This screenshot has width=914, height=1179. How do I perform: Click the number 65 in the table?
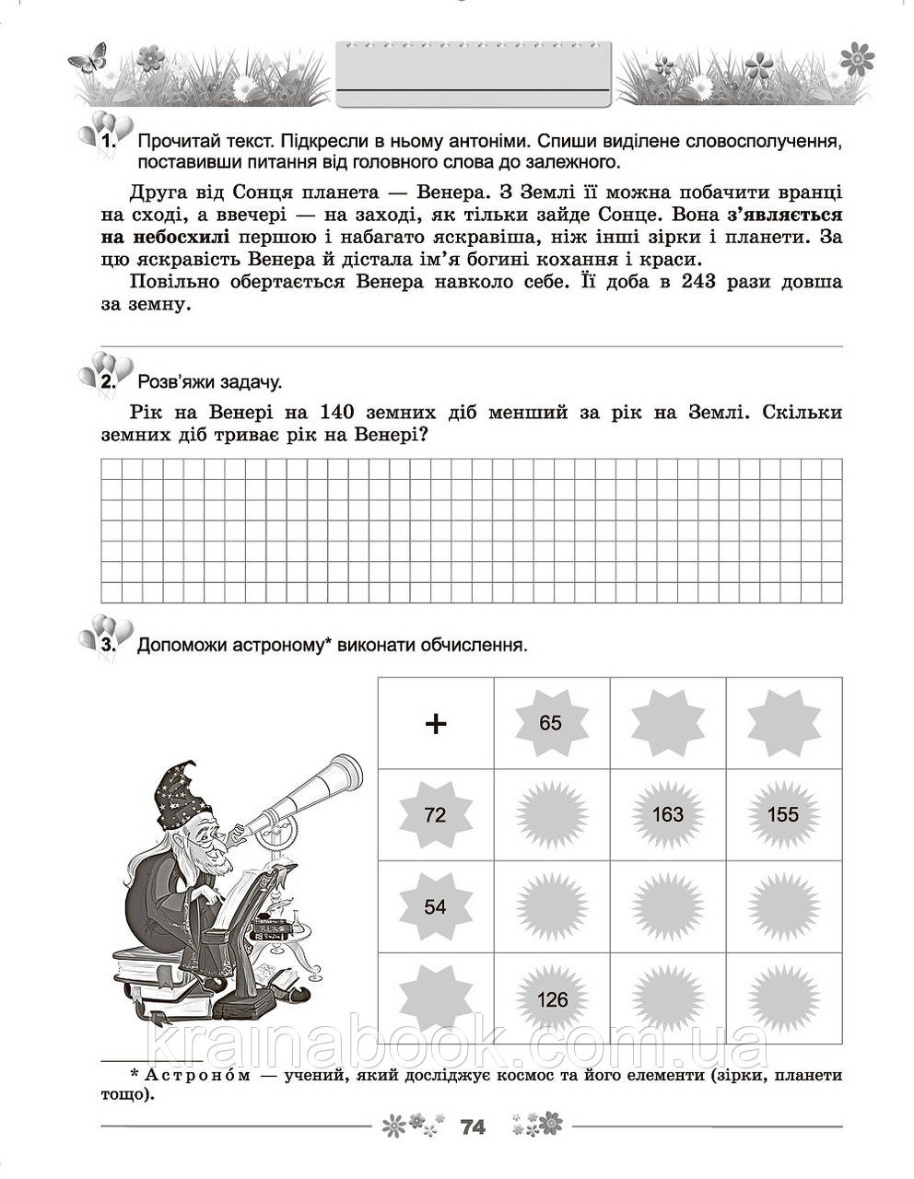pos(550,723)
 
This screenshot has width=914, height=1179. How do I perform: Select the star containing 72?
pos(435,814)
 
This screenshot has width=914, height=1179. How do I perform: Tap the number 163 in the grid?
pos(667,814)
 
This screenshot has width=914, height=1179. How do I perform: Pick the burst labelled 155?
pos(783,814)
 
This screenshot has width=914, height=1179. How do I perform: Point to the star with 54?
pos(435,907)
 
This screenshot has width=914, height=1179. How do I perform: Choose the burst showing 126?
pos(552,999)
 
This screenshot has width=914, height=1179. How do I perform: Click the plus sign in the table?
pos(435,724)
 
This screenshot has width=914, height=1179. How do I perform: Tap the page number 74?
pos(472,1126)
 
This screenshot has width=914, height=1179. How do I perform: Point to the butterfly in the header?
pos(88,60)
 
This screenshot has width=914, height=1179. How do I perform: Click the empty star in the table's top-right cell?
pos(783,723)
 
